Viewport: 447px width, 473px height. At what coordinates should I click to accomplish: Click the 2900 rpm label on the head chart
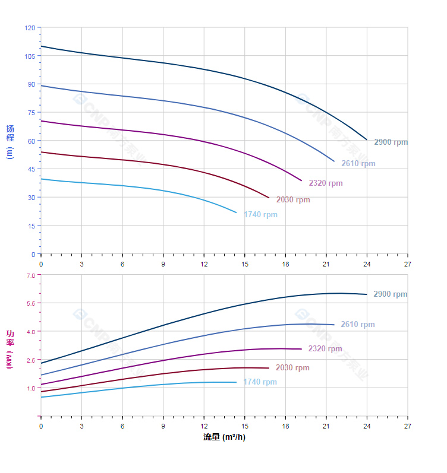click(x=391, y=142)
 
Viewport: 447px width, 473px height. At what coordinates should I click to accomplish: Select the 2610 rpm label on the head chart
click(x=358, y=164)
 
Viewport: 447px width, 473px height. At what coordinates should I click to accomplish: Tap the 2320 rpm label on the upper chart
click(x=325, y=183)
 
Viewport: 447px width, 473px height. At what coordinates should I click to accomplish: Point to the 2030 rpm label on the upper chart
click(x=292, y=200)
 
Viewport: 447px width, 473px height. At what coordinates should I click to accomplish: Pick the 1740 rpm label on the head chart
click(x=260, y=215)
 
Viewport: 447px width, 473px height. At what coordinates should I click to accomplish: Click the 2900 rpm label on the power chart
click(x=390, y=294)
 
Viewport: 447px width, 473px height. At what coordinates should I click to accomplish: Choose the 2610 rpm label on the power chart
click(x=357, y=325)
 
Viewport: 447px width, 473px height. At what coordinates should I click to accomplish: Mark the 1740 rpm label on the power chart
click(x=260, y=382)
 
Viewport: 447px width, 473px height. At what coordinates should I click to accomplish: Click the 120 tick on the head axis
click(x=29, y=28)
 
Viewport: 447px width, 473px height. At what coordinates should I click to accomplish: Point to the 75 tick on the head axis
click(x=31, y=113)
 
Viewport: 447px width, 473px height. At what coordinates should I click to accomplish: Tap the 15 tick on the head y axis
click(x=31, y=226)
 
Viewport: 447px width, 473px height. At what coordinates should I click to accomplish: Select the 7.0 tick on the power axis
click(x=30, y=275)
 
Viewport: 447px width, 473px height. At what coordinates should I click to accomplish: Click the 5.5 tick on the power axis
click(x=30, y=303)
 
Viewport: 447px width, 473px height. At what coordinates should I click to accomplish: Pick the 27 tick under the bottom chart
click(x=407, y=426)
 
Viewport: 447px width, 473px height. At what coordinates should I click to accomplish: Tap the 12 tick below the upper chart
click(x=204, y=264)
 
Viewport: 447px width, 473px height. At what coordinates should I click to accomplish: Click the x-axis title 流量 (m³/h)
click(x=224, y=437)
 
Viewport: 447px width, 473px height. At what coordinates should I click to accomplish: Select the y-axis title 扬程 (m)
click(x=10, y=141)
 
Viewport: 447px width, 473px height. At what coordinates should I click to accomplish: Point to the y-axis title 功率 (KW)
click(x=10, y=349)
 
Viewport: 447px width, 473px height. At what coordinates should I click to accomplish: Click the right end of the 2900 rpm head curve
click(x=367, y=140)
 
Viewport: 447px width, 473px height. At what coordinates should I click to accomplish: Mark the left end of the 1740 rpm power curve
click(x=41, y=397)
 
